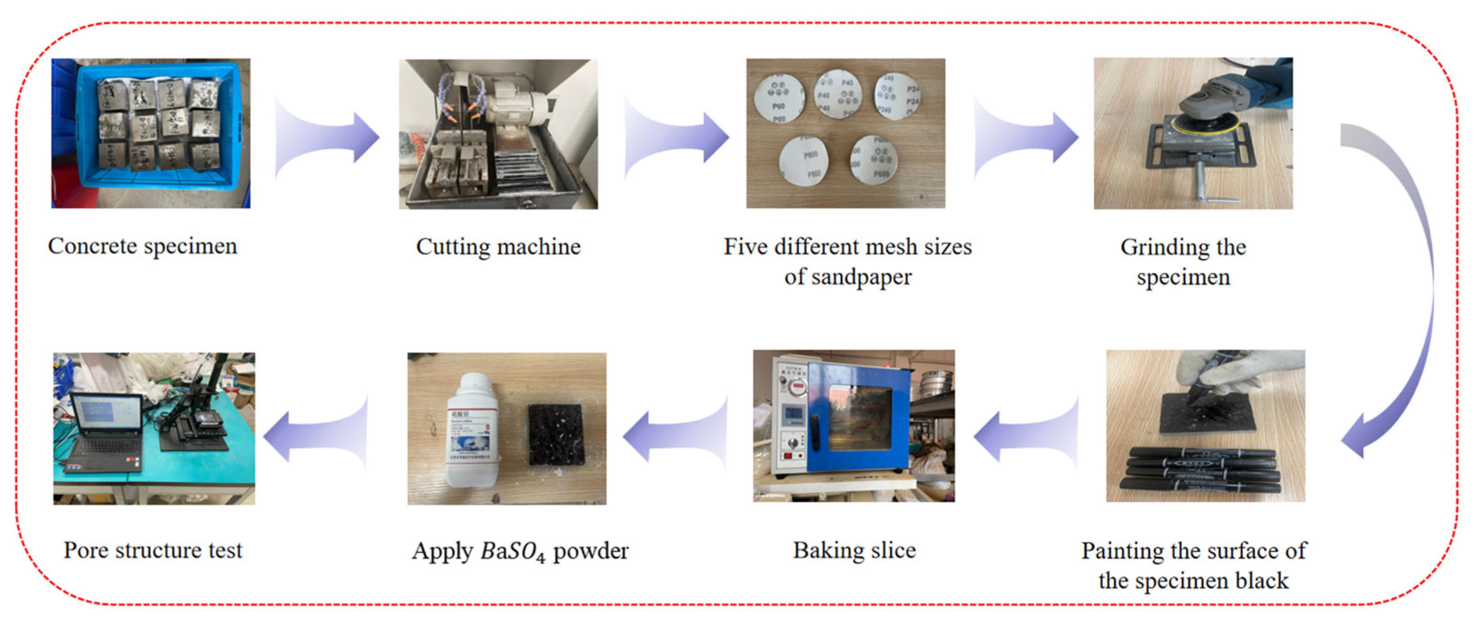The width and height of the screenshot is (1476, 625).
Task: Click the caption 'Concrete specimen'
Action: (x=142, y=246)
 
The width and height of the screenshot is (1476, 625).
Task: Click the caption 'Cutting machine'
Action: (x=498, y=247)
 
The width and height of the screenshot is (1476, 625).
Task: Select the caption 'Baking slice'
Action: (x=854, y=550)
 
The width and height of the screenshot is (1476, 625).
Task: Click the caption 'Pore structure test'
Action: (x=152, y=550)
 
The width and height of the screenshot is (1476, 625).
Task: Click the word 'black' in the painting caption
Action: (x=1261, y=581)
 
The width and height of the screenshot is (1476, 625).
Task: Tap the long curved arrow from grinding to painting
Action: (x=1404, y=287)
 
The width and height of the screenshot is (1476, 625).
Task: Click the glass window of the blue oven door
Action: (x=859, y=417)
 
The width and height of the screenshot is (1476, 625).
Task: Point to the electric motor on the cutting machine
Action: (x=516, y=106)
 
